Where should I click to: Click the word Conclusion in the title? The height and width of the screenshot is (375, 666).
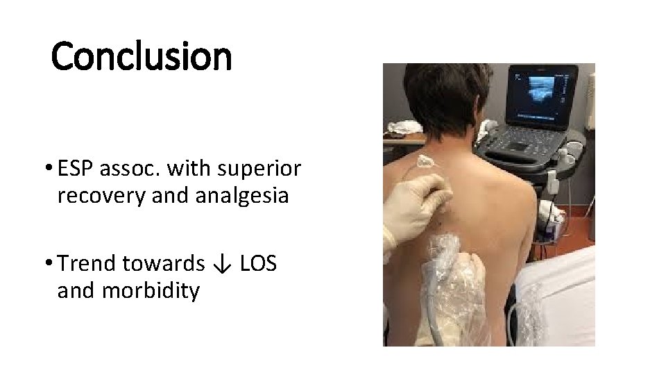[142, 56]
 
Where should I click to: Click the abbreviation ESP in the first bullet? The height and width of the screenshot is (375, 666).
[78, 168]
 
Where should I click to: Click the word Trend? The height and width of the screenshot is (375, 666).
[87, 263]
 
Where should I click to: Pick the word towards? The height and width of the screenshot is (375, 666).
[164, 263]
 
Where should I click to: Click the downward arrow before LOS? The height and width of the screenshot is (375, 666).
[222, 264]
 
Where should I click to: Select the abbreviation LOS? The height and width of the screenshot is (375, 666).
[258, 263]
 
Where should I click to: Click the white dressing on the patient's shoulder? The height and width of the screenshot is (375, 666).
[425, 163]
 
